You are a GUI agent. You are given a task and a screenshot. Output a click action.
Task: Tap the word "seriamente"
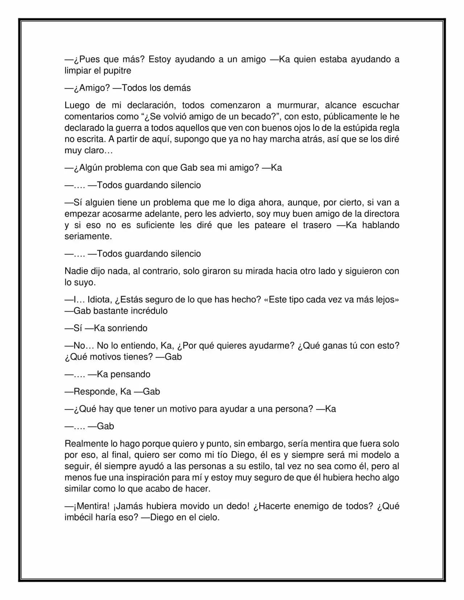tap(88, 236)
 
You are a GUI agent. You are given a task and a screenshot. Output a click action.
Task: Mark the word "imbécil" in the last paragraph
tap(80, 517)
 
